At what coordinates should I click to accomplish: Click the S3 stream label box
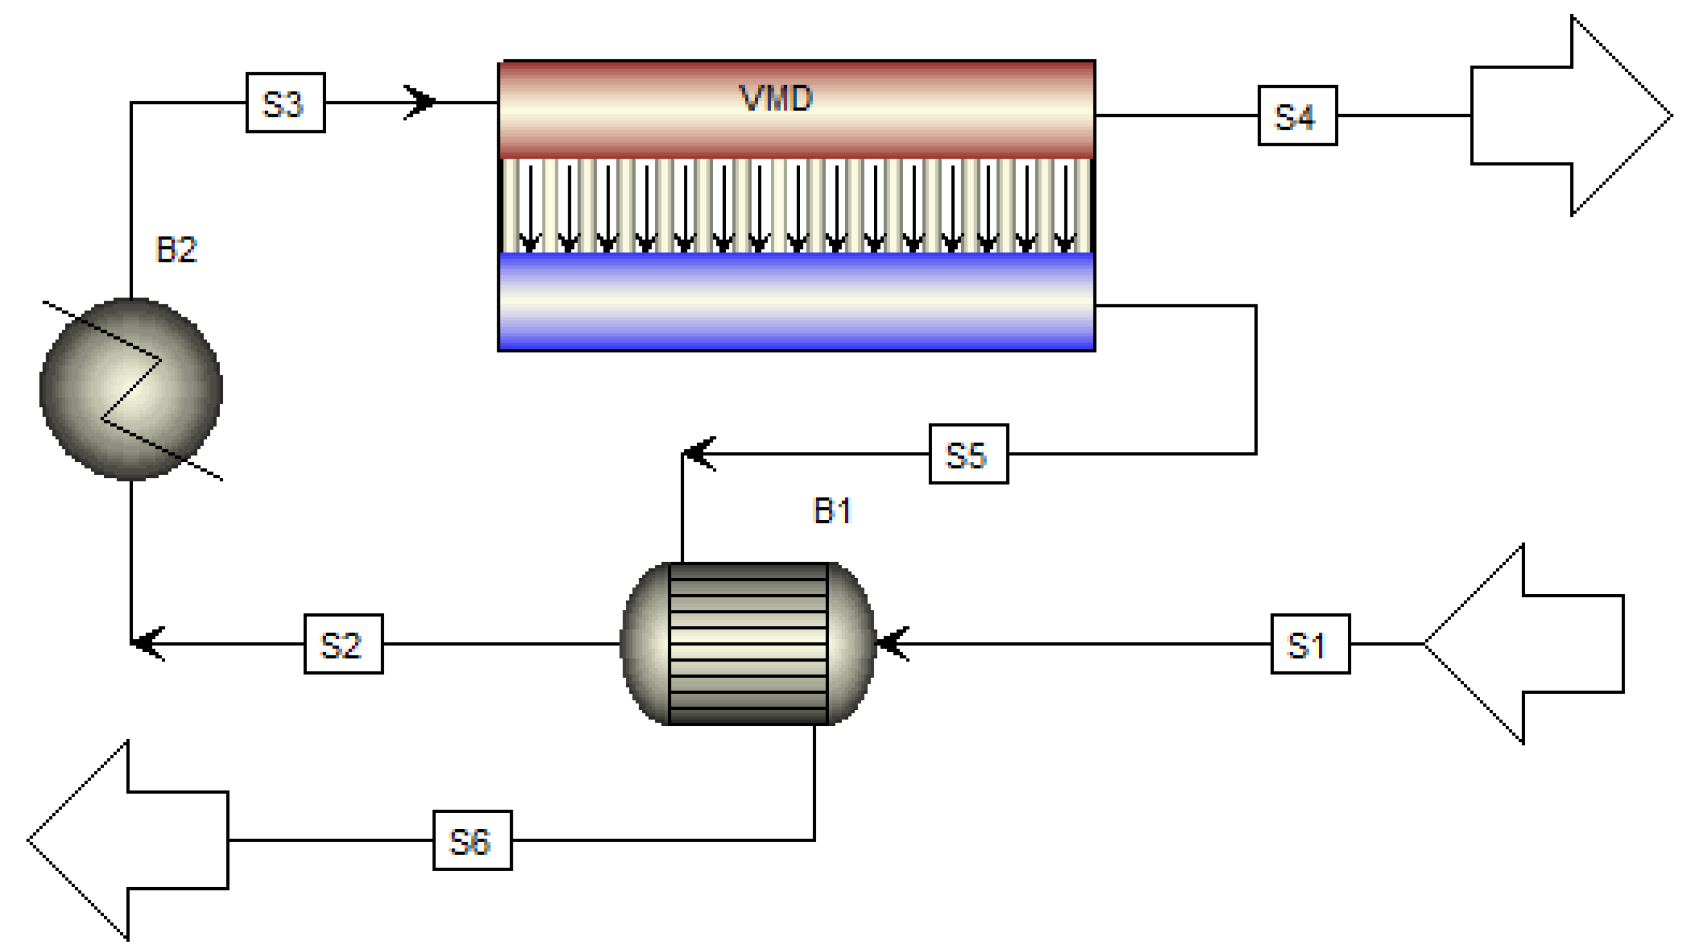pos(285,103)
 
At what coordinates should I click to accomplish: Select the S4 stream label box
pos(1297,116)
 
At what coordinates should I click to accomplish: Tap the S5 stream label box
pos(968,454)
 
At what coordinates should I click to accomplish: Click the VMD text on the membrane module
pos(776,98)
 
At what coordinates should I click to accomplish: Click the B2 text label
pos(176,249)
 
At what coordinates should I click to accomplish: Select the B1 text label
pos(831,510)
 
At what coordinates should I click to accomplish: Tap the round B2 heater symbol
pos(131,390)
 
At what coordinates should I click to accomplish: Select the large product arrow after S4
pos(1571,116)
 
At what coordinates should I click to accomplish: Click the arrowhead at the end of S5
pos(699,453)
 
